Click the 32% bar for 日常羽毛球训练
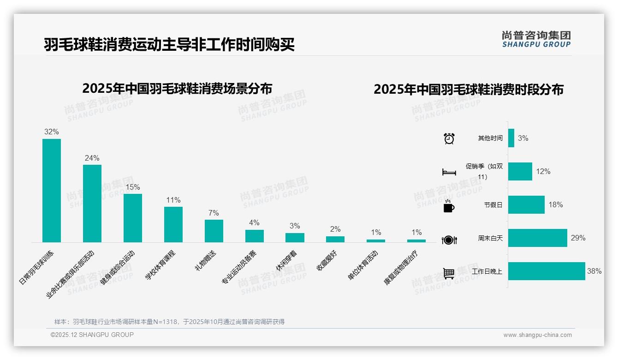(52, 190)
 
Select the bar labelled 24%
(92, 203)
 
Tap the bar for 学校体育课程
(173, 224)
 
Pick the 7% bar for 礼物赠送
(214, 231)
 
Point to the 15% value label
(132, 187)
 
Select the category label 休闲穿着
(286, 261)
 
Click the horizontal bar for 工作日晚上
(547, 271)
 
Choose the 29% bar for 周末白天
(537, 238)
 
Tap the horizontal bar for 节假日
(526, 205)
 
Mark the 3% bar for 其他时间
(511, 138)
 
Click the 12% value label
(543, 172)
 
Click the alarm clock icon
(449, 138)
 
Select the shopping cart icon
(449, 273)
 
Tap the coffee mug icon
(449, 206)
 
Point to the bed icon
(449, 172)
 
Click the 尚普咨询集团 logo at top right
(536, 39)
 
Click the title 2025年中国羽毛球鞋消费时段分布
(469, 90)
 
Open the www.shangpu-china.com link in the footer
(537, 335)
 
